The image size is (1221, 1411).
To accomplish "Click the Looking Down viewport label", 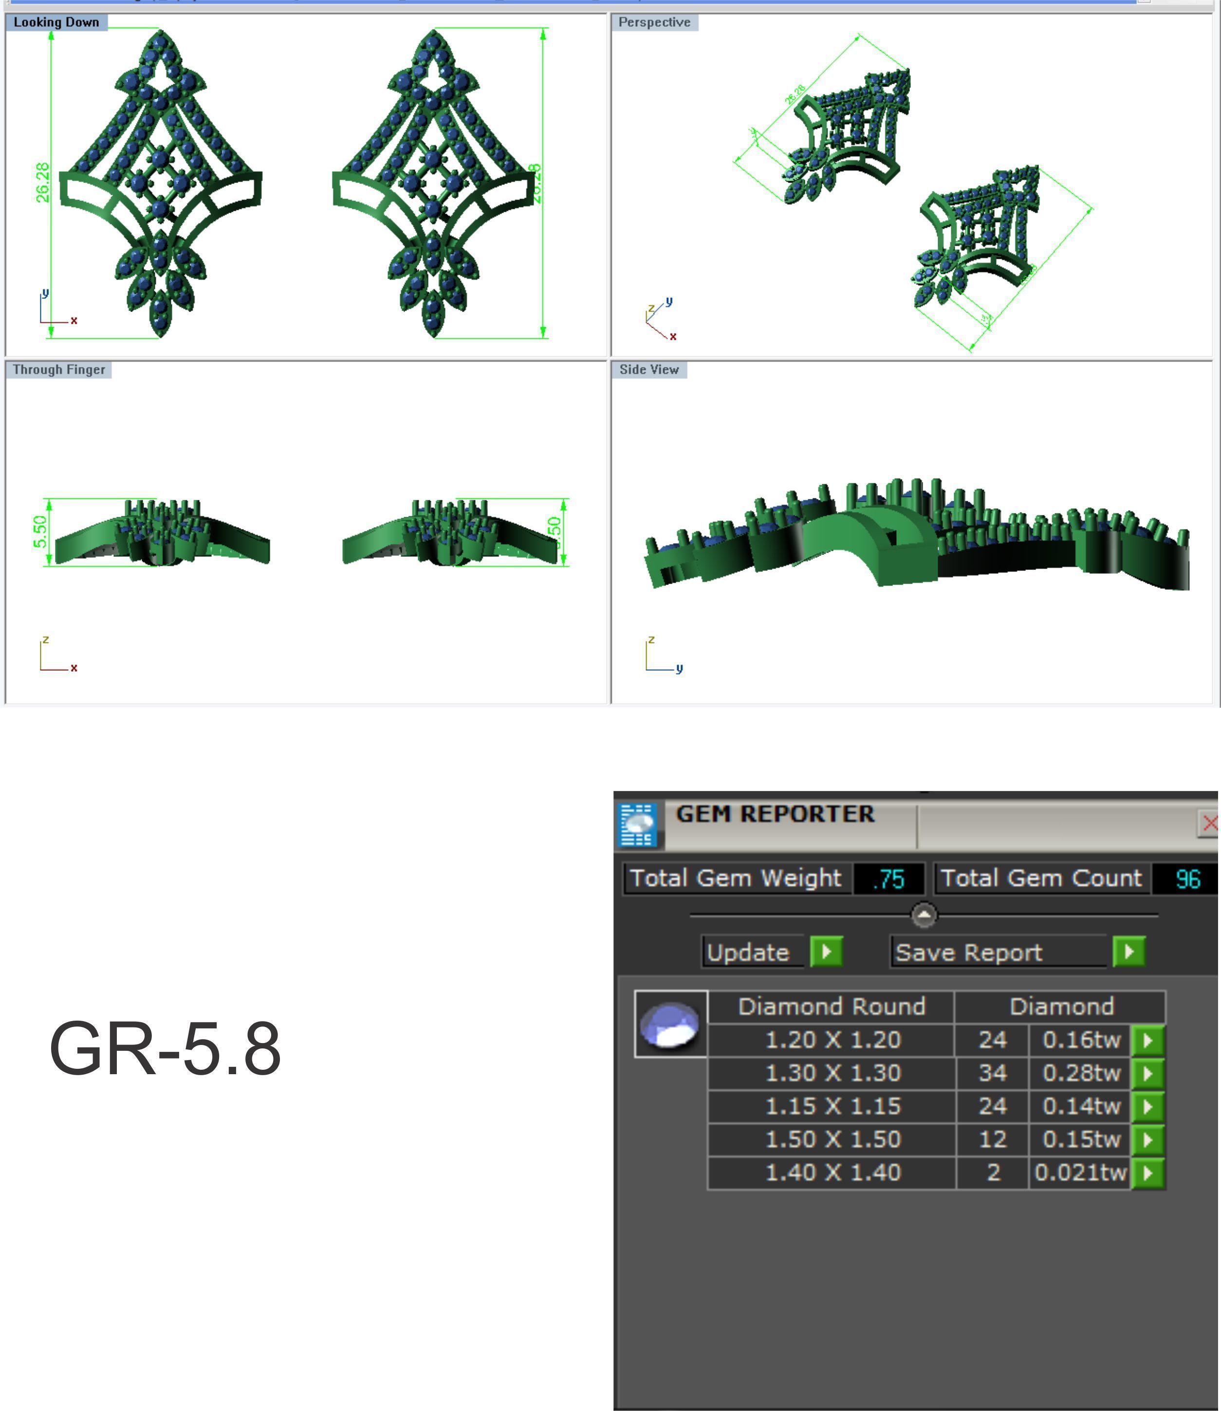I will tap(56, 22).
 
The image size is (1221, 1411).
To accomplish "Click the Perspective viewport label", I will tap(654, 22).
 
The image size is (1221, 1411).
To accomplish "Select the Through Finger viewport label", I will tap(58, 370).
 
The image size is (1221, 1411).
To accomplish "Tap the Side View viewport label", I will tap(648, 370).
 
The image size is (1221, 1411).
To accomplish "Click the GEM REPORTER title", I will tap(775, 814).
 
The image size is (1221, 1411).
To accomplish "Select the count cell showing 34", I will tap(992, 1074).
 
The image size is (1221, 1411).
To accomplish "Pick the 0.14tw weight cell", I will tap(1081, 1106).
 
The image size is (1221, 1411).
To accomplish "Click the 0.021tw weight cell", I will tap(1080, 1173).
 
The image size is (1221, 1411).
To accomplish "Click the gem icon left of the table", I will tap(670, 1024).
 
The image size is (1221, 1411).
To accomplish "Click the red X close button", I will tap(1209, 823).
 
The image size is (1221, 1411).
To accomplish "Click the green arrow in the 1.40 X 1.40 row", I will tap(1148, 1173).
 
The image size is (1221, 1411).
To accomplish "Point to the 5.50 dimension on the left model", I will tap(40, 532).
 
